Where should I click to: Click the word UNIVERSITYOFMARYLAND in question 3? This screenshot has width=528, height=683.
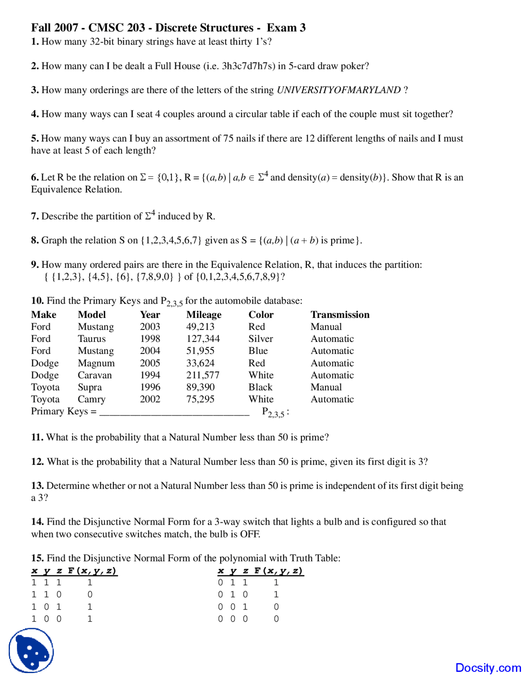coord(339,90)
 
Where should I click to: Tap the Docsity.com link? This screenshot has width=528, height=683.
coord(488,668)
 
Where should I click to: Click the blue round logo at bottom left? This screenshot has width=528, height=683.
coord(31,650)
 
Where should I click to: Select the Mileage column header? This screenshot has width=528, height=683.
coord(204,315)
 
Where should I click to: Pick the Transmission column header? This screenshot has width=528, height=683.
coord(340,315)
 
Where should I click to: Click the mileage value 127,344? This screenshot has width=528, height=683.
coord(203,339)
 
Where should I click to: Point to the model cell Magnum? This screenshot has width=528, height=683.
coord(96,363)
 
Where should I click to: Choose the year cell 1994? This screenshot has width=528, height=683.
coord(150,375)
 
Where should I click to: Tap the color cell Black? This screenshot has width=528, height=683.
coord(260,387)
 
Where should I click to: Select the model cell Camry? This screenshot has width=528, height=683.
coord(92,399)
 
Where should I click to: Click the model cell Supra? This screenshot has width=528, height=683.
coord(90,387)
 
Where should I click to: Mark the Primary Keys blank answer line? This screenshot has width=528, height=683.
coord(174,413)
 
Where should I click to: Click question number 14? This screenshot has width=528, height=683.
coord(37,522)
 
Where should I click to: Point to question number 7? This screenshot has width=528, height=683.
coord(35,216)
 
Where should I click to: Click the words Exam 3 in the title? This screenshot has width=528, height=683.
coord(286,28)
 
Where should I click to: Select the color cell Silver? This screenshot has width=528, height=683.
coord(261,339)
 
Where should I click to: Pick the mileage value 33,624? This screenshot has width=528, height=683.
coord(200,363)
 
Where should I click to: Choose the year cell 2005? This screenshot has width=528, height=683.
coord(150,363)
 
